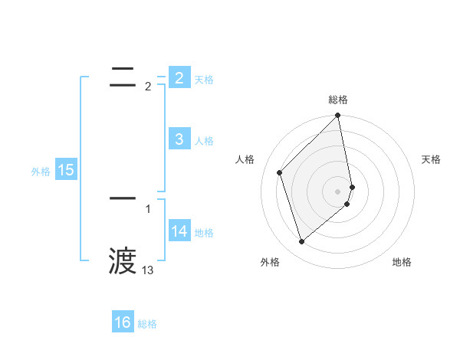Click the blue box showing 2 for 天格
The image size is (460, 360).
[x=179, y=77]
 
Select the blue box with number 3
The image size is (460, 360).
[x=179, y=139]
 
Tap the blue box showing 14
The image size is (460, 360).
[x=179, y=231]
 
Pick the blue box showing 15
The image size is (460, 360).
[x=65, y=170]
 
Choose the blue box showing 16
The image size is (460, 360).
[x=123, y=322]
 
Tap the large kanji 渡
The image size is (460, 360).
[x=123, y=261]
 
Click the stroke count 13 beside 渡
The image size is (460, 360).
[x=148, y=270]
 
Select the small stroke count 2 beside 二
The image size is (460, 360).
[x=148, y=87]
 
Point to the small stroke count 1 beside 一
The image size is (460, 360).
[x=148, y=208]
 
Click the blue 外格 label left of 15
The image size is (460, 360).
[x=41, y=172]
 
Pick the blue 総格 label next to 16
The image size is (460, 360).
[x=147, y=324]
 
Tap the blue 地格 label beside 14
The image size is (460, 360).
[x=204, y=233]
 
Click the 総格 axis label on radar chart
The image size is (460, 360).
[x=338, y=100]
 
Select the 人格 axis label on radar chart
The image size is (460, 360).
[x=245, y=159]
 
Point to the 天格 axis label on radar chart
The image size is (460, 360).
[x=431, y=159]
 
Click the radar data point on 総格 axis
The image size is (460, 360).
[x=338, y=116]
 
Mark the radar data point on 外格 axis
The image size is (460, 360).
[x=301, y=241]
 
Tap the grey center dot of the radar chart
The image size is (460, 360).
[x=338, y=191]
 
